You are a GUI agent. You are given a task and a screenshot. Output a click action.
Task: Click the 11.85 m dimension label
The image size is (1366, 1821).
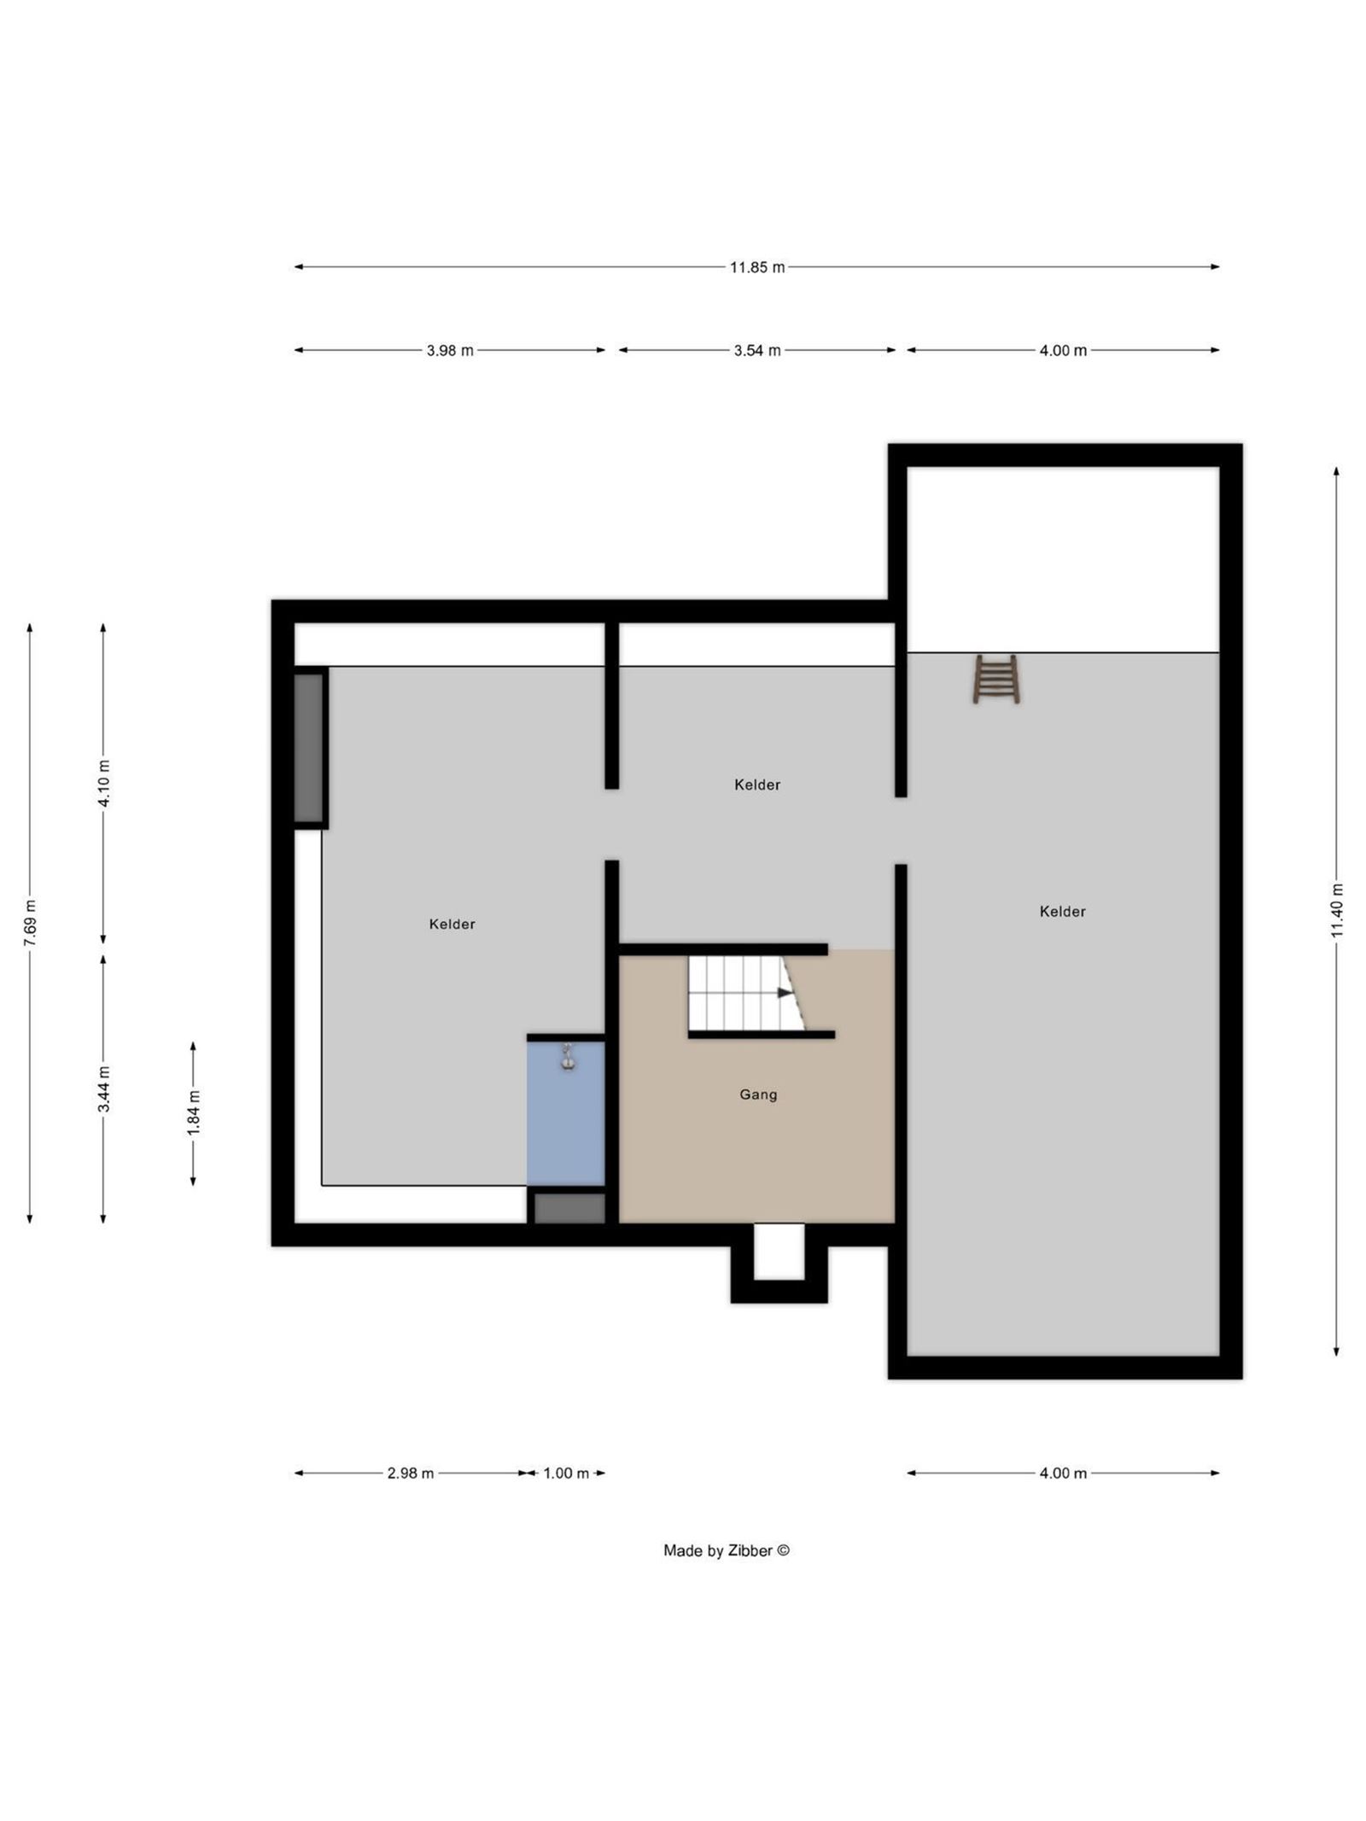pyautogui.click(x=756, y=267)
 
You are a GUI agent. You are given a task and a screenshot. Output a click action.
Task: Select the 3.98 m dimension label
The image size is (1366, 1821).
pyautogui.click(x=450, y=350)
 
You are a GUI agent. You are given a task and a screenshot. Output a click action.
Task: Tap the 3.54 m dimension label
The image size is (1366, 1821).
pyautogui.click(x=756, y=350)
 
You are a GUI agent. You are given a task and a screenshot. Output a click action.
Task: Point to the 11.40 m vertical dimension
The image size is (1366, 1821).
pyautogui.click(x=1336, y=911)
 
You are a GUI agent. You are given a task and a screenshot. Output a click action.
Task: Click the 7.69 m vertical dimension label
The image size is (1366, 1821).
pyautogui.click(x=30, y=923)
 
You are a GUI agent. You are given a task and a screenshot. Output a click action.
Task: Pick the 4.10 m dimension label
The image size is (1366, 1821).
pyautogui.click(x=103, y=783)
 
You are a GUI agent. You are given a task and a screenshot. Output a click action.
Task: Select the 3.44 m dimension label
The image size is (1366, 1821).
pyautogui.click(x=103, y=1089)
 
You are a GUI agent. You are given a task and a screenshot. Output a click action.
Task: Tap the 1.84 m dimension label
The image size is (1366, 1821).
pyautogui.click(x=193, y=1113)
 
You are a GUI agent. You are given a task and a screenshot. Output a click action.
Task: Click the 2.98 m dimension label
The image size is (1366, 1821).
pyautogui.click(x=410, y=1473)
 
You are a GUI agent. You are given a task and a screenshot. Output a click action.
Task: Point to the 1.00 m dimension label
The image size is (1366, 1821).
pyautogui.click(x=566, y=1473)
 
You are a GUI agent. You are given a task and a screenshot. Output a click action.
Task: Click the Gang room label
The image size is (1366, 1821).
pyautogui.click(x=758, y=1094)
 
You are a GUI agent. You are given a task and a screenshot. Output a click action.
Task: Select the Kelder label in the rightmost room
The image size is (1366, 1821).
pyautogui.click(x=1062, y=912)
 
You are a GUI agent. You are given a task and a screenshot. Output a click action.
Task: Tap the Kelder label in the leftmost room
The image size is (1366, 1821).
pyautogui.click(x=452, y=924)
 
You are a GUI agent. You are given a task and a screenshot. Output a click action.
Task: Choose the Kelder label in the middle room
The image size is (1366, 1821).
pyautogui.click(x=757, y=785)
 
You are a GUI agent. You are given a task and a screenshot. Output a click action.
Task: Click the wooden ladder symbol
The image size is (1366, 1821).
pyautogui.click(x=995, y=679)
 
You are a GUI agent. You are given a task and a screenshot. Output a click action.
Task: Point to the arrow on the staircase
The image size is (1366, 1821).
pyautogui.click(x=785, y=992)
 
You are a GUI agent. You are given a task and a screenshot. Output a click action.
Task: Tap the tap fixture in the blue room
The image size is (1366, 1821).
pyautogui.click(x=567, y=1058)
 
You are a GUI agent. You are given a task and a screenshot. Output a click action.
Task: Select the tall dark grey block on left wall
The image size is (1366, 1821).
pyautogui.click(x=309, y=748)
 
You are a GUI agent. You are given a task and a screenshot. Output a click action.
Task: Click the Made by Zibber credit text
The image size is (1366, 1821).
pyautogui.click(x=727, y=1551)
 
